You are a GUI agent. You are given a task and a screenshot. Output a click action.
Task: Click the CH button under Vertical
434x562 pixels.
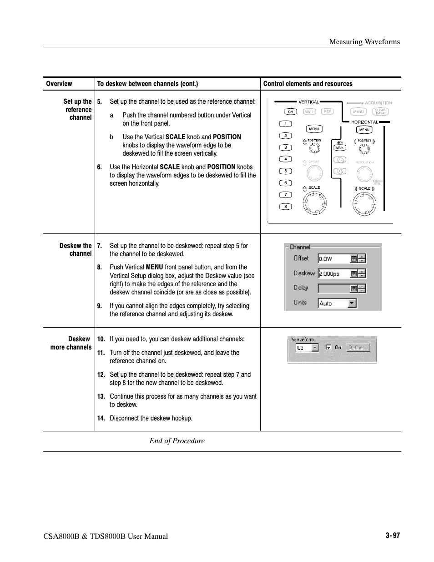[x=290, y=112]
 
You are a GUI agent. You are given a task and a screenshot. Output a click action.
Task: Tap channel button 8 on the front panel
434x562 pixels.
[x=285, y=207]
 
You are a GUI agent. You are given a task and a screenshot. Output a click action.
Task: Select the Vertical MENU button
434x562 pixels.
[x=314, y=129]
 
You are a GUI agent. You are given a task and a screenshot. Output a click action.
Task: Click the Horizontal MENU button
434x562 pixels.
[x=364, y=130]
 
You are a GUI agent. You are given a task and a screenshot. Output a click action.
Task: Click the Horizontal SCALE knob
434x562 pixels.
[x=364, y=203]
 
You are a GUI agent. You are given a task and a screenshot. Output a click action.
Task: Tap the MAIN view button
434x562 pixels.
[x=340, y=148]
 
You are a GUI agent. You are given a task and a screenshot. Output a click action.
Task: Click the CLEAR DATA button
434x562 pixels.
[x=380, y=111]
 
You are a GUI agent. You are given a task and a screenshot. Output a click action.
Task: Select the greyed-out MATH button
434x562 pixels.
[x=309, y=112]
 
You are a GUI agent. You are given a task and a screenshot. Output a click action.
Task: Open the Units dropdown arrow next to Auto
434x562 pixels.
[x=352, y=303]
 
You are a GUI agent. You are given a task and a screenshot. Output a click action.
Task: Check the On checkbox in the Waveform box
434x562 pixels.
[x=329, y=347]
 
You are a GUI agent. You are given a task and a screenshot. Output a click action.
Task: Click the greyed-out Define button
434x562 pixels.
[x=358, y=348]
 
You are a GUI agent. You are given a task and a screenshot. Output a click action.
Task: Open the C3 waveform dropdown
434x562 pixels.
[x=315, y=348]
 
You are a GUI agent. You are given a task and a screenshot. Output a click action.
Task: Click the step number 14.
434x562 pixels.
[x=101, y=418]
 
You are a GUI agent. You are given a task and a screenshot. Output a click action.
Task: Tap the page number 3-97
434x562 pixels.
[x=393, y=536]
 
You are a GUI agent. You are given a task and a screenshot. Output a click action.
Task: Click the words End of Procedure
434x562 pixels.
[x=177, y=440]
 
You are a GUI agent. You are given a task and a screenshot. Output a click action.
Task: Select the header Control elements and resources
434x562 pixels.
[x=308, y=84]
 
